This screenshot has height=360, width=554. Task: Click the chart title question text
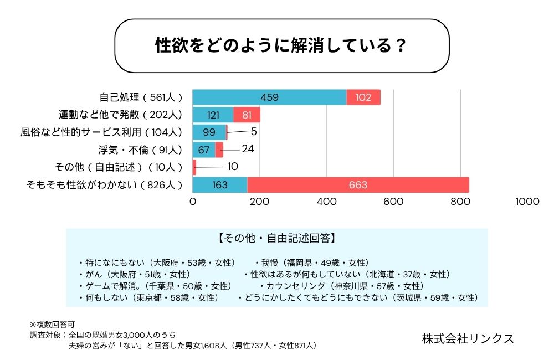coord(281,45)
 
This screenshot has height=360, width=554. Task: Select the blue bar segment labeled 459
coord(269,97)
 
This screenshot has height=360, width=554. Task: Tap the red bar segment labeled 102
coord(363,97)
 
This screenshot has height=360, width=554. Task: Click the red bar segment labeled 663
coord(358,184)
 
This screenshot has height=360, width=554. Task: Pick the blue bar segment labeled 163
coord(220,184)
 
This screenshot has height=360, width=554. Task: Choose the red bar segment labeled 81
coord(247,115)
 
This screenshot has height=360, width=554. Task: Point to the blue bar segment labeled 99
coord(209,132)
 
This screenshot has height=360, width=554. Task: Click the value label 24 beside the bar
coord(248,149)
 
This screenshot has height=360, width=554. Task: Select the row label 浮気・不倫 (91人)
coord(139,150)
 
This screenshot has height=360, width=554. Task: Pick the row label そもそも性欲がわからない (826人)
coord(104,184)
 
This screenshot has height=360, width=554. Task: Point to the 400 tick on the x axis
coord(326,202)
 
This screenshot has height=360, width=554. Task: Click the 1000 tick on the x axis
coord(526,202)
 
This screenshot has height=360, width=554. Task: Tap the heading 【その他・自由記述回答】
coord(276,239)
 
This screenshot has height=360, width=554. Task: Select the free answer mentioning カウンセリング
coord(342,286)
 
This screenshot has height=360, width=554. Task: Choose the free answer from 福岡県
coord(311,263)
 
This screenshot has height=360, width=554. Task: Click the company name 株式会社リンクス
coord(468,338)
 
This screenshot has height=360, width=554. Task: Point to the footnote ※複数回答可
coord(52,324)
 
